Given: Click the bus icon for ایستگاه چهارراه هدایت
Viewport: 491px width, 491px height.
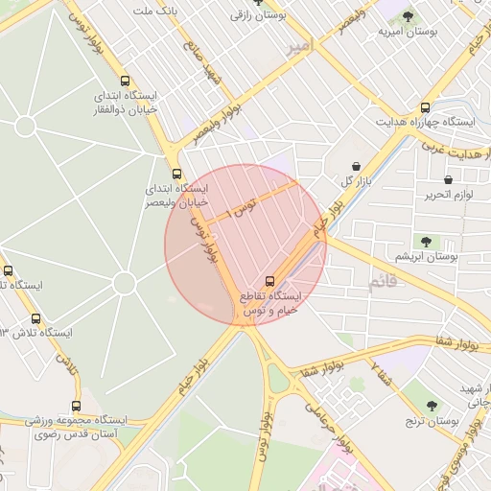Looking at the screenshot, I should click(426, 108).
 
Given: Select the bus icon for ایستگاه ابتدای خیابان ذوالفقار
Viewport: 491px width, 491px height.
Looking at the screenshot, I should click(125, 82).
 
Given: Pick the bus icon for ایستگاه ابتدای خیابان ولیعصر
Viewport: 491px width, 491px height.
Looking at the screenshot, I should click(176, 175).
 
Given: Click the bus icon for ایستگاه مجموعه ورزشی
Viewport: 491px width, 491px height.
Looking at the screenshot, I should click(77, 406).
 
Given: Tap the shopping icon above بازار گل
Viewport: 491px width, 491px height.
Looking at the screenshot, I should click(357, 165).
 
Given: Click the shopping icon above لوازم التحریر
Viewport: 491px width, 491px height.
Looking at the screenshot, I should click(448, 179).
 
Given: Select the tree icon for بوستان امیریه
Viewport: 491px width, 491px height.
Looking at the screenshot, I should click(407, 16).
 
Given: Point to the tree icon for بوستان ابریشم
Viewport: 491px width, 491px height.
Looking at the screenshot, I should click(426, 241).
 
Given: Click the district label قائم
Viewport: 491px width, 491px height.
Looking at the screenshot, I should click(382, 284).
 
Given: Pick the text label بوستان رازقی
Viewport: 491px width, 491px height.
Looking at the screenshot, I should click(257, 15).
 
